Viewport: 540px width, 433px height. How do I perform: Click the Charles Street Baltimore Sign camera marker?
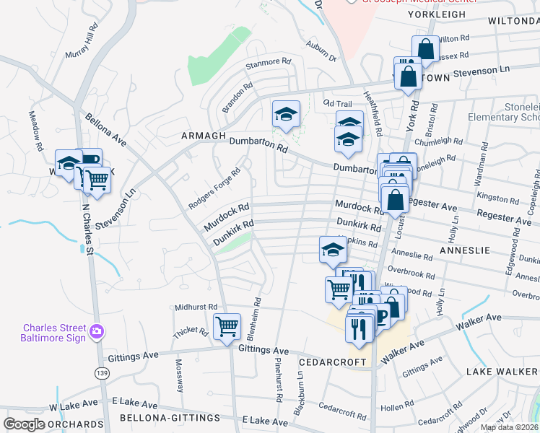pyautogui.click(x=97, y=333)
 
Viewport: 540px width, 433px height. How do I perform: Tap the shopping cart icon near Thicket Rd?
pyautogui.click(x=228, y=327)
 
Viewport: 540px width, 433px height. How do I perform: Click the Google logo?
pyautogui.click(x=24, y=424)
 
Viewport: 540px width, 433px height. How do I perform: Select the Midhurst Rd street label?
pyautogui.click(x=196, y=307)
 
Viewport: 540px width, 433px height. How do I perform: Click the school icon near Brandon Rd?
pyautogui.click(x=286, y=114)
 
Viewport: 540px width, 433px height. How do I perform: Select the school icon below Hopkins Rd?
pyautogui.click(x=333, y=250)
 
